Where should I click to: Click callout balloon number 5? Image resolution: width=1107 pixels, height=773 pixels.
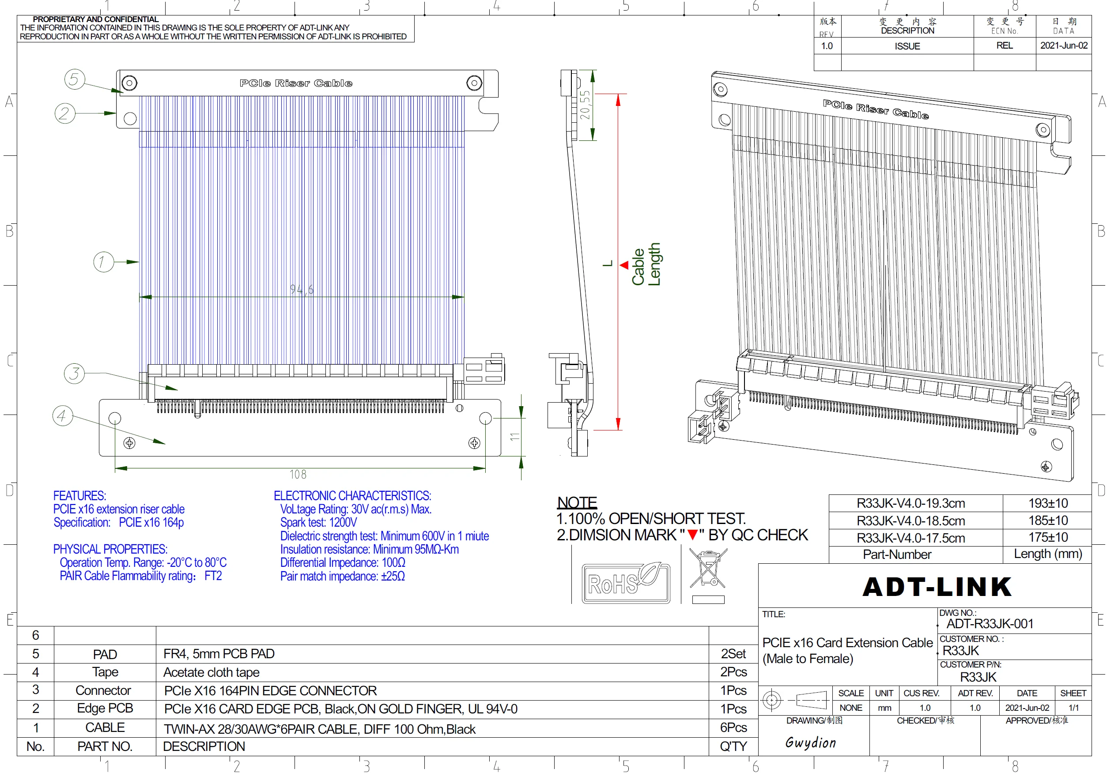[74, 79]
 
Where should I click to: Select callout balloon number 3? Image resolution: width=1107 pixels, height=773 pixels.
[74, 373]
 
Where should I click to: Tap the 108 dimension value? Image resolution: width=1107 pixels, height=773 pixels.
[298, 475]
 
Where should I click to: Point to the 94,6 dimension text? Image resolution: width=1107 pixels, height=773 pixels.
[301, 289]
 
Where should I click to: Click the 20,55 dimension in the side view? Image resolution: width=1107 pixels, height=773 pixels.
[584, 105]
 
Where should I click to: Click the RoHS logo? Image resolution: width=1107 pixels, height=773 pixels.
[626, 583]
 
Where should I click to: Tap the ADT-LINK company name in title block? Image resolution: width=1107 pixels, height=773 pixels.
[937, 587]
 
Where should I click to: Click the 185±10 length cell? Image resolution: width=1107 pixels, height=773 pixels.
[1048, 520]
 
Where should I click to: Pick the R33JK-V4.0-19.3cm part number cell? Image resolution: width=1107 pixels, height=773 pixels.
[911, 503]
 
